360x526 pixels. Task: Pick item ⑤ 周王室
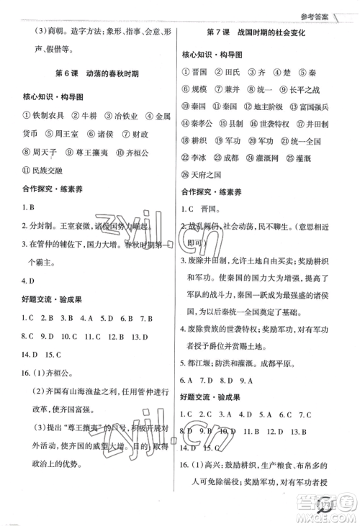(63, 133)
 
